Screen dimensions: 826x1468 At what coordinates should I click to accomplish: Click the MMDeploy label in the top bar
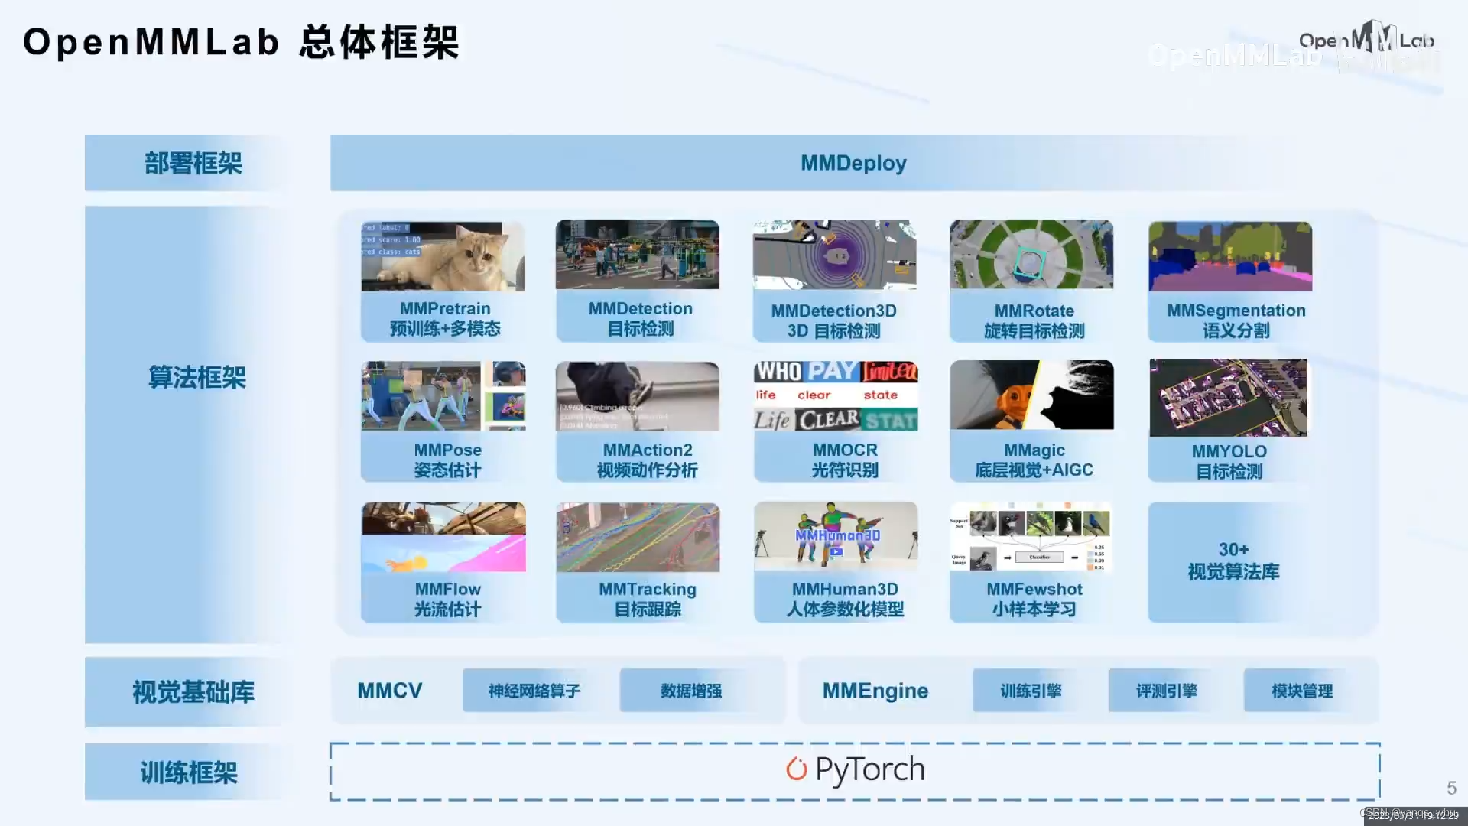[x=853, y=163]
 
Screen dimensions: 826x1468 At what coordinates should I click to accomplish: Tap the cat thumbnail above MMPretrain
[x=443, y=256]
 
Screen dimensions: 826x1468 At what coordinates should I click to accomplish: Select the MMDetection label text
[x=640, y=308]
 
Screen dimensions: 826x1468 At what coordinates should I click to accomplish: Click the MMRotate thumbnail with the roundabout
[x=1031, y=255]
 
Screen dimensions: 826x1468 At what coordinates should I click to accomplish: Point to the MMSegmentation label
[x=1236, y=311]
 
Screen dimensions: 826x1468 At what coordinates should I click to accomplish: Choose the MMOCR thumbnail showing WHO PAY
[x=836, y=396]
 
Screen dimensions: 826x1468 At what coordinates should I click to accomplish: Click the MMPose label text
[x=447, y=450]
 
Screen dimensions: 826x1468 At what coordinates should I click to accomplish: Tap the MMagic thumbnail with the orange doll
[x=1031, y=395]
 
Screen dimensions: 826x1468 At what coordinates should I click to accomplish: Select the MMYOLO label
[x=1229, y=451]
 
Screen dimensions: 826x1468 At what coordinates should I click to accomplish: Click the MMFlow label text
[x=447, y=589]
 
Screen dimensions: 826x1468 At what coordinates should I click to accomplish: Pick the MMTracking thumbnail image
[x=638, y=538]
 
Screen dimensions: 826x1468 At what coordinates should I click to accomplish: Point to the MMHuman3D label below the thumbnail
[x=845, y=589]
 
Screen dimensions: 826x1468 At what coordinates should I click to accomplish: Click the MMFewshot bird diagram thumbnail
[x=1031, y=538]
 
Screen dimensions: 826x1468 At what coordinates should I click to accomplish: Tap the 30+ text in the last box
[x=1233, y=549]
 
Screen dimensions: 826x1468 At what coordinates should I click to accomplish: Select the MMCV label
[x=389, y=691]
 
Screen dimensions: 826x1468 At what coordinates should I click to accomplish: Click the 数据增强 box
[x=690, y=691]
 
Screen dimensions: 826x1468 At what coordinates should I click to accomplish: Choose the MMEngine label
[x=875, y=691]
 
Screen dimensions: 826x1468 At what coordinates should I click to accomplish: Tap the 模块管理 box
[x=1301, y=691]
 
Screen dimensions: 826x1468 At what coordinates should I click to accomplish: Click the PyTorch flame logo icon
[x=797, y=769]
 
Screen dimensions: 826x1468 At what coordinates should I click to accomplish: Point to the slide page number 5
[x=1451, y=788]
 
